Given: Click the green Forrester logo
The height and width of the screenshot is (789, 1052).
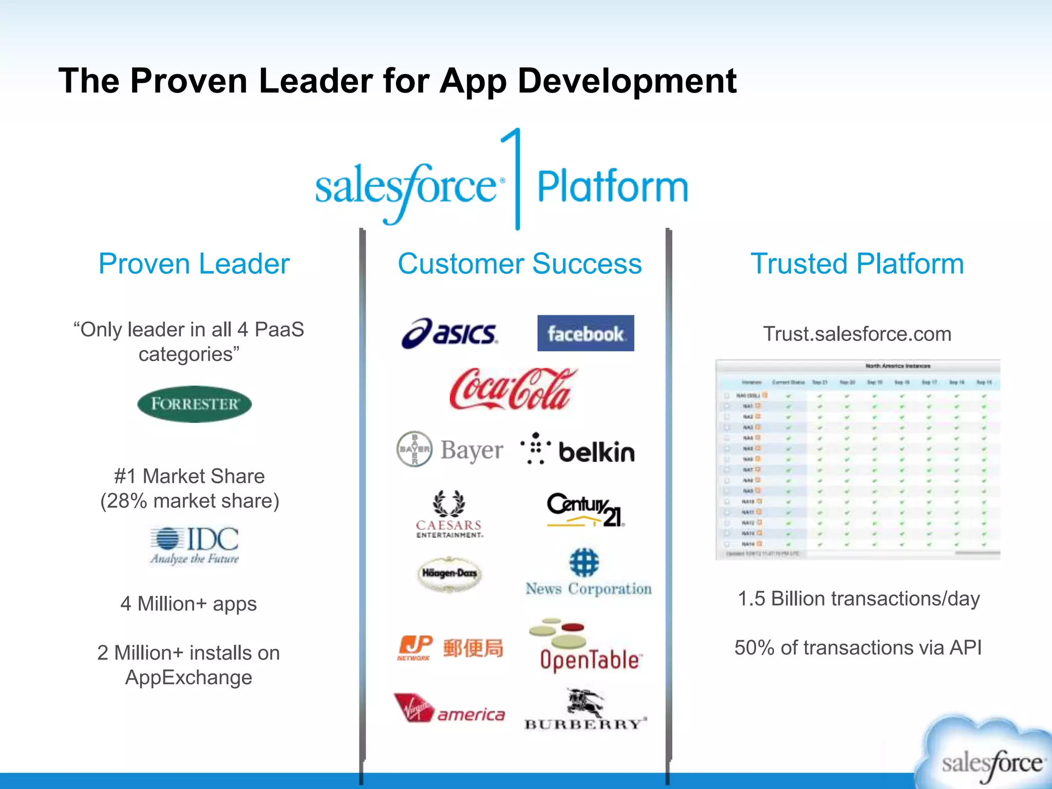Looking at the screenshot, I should pos(194,404).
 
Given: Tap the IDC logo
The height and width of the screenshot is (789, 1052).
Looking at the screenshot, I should pos(195,545).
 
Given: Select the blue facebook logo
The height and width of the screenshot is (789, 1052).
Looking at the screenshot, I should pos(586,333).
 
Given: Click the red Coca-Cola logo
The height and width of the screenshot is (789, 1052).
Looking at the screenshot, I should pos(513,389).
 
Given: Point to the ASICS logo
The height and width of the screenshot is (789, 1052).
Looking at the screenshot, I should pos(450,333).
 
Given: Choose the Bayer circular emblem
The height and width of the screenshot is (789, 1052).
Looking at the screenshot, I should pos(415,449).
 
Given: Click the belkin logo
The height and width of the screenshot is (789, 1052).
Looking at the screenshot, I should pos(578,450).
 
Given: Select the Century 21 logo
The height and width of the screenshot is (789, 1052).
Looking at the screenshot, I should pos(586,510).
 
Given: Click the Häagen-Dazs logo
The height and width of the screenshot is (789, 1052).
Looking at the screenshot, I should pos(449,573).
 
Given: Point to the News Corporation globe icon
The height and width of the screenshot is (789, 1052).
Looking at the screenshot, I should pos(584,562).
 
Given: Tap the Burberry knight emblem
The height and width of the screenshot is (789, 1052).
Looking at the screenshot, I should pos(586,702).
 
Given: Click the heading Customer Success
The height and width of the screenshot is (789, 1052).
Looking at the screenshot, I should pos(520,264).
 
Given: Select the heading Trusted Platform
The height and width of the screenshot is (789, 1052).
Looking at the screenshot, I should pos(857,264).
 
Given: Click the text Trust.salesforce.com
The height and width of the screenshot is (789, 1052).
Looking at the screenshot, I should pos(857,334).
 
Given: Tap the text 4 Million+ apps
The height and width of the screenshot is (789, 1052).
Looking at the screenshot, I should pos(189,604).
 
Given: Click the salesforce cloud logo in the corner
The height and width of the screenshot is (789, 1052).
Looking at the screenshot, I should pos(989,755).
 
